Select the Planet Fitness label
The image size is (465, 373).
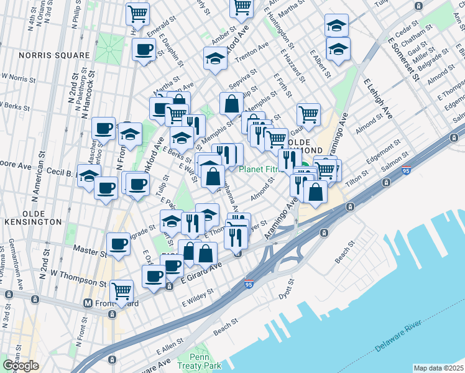point(264,168)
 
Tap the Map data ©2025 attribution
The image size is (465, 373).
point(438,368)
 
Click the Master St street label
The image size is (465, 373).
point(88,252)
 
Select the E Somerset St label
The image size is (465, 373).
point(400,57)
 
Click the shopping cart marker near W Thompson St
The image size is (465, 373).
point(121,290)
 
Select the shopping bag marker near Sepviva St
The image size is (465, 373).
point(231,104)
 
